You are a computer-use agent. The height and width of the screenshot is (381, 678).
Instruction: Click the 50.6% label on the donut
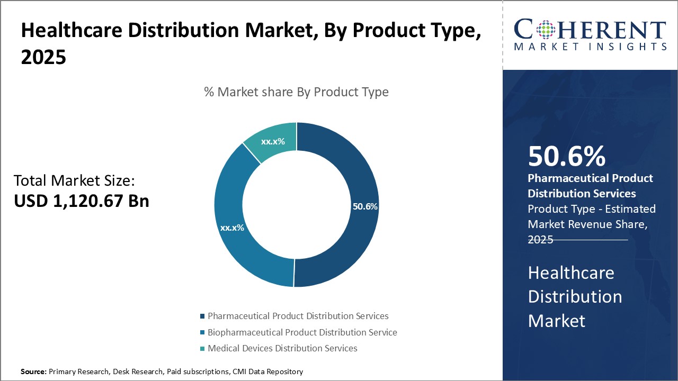365,206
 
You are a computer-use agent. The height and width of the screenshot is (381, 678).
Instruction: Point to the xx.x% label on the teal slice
273,141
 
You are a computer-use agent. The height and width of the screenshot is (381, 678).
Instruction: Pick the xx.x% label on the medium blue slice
232,228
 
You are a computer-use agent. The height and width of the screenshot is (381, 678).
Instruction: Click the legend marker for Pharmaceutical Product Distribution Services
202,316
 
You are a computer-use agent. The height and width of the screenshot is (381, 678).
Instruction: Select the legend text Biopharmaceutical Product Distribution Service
302,332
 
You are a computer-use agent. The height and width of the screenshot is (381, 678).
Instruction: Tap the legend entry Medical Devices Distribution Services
282,348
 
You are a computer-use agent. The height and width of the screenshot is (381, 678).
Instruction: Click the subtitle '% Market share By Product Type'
296,92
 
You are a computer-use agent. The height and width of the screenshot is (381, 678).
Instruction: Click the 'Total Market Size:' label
74,181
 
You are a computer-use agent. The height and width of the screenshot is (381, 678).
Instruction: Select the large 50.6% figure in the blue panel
566,157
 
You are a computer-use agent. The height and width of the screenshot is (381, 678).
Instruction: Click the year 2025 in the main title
43,57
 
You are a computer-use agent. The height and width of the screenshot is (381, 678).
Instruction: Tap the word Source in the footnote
33,372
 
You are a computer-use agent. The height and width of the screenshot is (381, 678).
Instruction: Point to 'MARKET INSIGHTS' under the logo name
590,47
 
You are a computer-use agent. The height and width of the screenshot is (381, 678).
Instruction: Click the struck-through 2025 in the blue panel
540,239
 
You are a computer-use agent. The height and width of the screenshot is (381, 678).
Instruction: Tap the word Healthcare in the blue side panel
571,273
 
